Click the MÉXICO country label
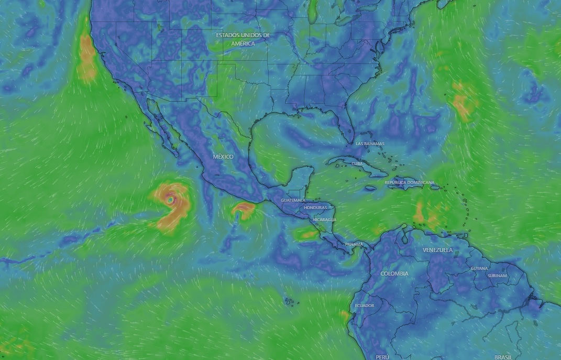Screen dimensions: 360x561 (x=223, y=157)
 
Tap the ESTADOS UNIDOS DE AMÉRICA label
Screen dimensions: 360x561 (x=243, y=39)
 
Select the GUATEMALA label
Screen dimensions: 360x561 (x=292, y=201)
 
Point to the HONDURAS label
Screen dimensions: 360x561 (x=315, y=208)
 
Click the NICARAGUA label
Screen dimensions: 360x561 (x=324, y=220)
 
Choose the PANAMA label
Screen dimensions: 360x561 (x=354, y=245)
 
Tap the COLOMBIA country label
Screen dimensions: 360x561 (x=394, y=274)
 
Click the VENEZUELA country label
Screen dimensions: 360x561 (x=437, y=250)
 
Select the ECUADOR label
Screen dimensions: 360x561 (x=365, y=306)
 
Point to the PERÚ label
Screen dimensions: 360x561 (x=382, y=357)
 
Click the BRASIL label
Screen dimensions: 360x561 (x=502, y=357)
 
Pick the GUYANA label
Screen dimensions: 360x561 (x=479, y=268)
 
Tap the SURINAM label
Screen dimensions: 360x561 (x=497, y=276)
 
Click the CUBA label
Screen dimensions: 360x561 (x=357, y=163)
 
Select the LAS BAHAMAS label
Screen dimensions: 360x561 (x=370, y=144)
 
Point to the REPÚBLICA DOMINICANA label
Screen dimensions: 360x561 (x=410, y=182)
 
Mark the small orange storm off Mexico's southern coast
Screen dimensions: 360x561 (x=243, y=210)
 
